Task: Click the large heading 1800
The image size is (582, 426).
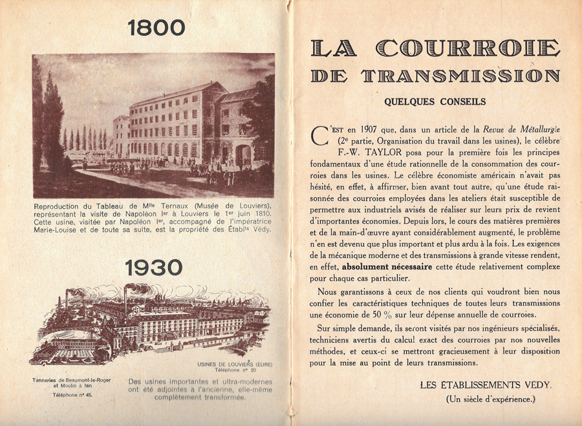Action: coord(156,28)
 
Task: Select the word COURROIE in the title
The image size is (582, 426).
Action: coord(468,48)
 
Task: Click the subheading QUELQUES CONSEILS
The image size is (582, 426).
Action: coord(434,101)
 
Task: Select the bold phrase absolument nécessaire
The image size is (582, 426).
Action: coord(382,266)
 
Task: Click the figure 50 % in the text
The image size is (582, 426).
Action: coord(405,314)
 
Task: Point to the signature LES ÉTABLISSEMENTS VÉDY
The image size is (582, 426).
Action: coord(486,385)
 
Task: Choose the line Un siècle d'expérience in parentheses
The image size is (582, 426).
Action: coord(491,399)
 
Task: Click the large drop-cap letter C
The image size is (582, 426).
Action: coord(320,136)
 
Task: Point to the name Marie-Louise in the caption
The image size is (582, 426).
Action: coord(60,228)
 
